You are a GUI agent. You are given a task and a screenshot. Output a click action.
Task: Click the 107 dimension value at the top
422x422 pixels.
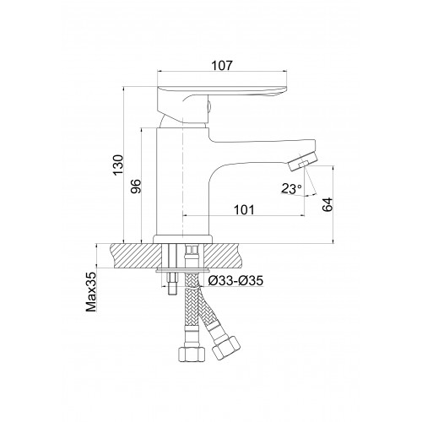coord(222,65)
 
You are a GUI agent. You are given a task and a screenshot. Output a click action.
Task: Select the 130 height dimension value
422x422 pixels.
coord(118,165)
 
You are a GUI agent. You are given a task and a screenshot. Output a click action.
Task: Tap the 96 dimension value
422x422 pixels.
coord(135,186)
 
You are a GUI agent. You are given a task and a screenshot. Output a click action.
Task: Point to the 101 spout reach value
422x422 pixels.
coord(244,209)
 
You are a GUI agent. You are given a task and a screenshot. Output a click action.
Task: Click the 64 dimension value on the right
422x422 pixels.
coord(327,204)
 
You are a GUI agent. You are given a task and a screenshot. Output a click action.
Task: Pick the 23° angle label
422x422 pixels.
coord(291,188)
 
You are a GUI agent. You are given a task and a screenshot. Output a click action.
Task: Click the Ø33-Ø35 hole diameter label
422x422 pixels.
coord(235,280)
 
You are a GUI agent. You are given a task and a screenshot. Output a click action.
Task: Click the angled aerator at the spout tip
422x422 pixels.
coord(303,163)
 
